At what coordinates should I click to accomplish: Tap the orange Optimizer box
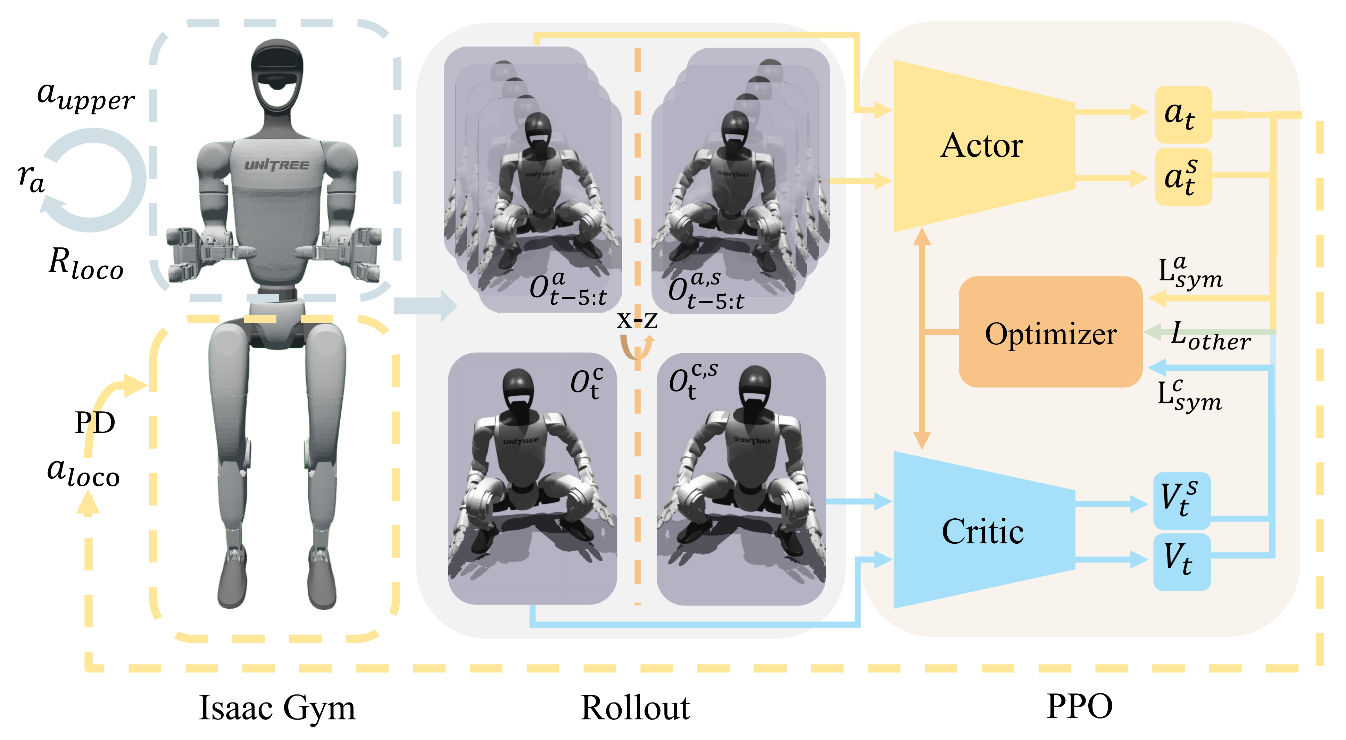tap(1050, 332)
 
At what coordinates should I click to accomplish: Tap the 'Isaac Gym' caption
tap(277, 708)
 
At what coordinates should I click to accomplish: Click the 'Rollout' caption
tap(635, 708)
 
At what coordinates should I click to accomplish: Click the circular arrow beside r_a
tap(94, 180)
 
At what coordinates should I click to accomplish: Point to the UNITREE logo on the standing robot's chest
tap(277, 165)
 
